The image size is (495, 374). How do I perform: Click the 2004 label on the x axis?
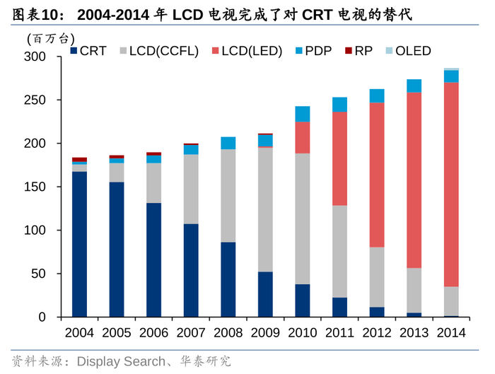pyautogui.click(x=79, y=332)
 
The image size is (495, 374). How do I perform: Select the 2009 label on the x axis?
pyautogui.click(x=265, y=332)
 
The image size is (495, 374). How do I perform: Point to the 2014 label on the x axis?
pyautogui.click(x=450, y=332)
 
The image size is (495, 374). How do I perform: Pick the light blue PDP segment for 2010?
pyautogui.click(x=302, y=114)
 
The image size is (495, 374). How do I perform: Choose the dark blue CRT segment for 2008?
pyautogui.click(x=228, y=279)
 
